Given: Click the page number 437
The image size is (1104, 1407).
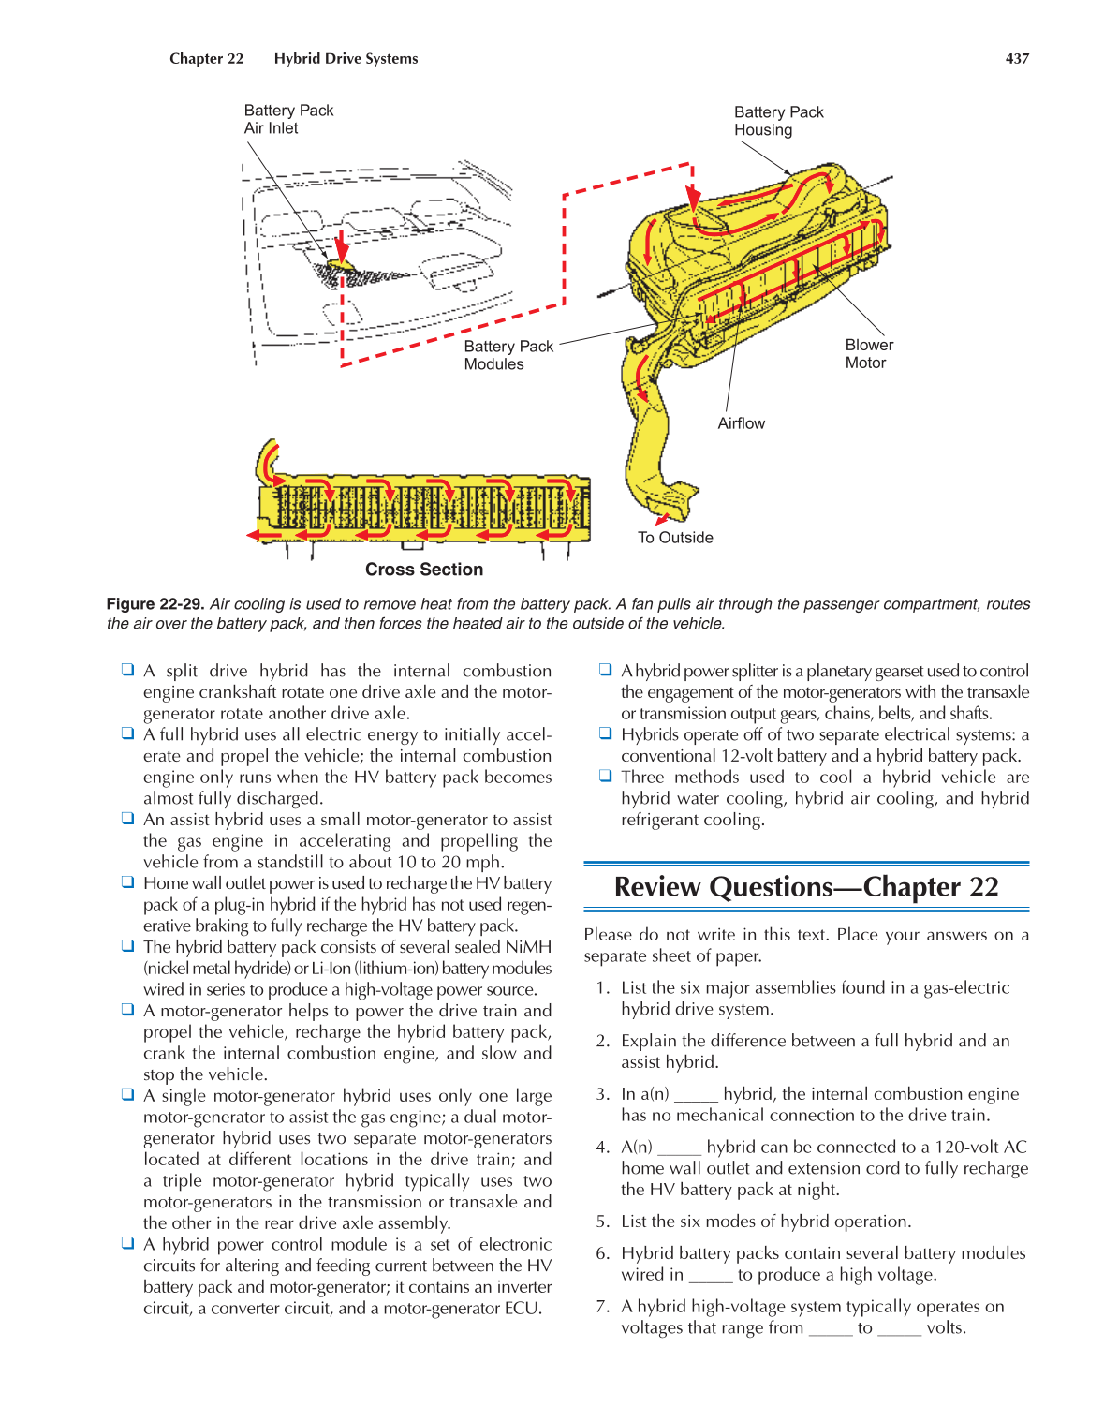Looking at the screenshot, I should (x=1017, y=58).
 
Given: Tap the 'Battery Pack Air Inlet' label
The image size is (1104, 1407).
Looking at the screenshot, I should (x=288, y=119).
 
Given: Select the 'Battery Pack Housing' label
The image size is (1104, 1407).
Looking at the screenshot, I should (x=778, y=121).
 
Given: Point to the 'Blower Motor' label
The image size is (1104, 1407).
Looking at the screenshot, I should (x=868, y=354).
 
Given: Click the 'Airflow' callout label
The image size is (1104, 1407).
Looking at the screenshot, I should (x=741, y=423).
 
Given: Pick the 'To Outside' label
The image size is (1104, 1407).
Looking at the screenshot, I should (x=675, y=538).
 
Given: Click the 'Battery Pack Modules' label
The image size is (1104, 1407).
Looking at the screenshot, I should (x=508, y=355).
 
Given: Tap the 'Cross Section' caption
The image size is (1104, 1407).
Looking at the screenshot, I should (x=424, y=570).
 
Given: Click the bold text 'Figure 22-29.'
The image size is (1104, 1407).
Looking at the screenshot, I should (x=155, y=604).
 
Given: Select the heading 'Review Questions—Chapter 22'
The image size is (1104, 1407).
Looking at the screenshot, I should (x=806, y=887).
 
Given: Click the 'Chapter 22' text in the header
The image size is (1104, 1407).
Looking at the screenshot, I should (x=206, y=58).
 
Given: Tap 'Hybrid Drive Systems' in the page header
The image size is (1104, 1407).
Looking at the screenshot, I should (x=346, y=58).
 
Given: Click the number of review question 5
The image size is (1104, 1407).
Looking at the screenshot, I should (x=602, y=1222).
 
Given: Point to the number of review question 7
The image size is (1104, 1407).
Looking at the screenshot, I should (x=602, y=1307).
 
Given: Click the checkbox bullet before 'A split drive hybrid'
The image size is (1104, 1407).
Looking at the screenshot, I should (x=127, y=670).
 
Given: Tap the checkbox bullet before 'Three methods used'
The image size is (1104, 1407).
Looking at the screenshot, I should (x=605, y=777).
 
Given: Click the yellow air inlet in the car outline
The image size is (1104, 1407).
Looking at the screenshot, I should (x=341, y=266).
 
